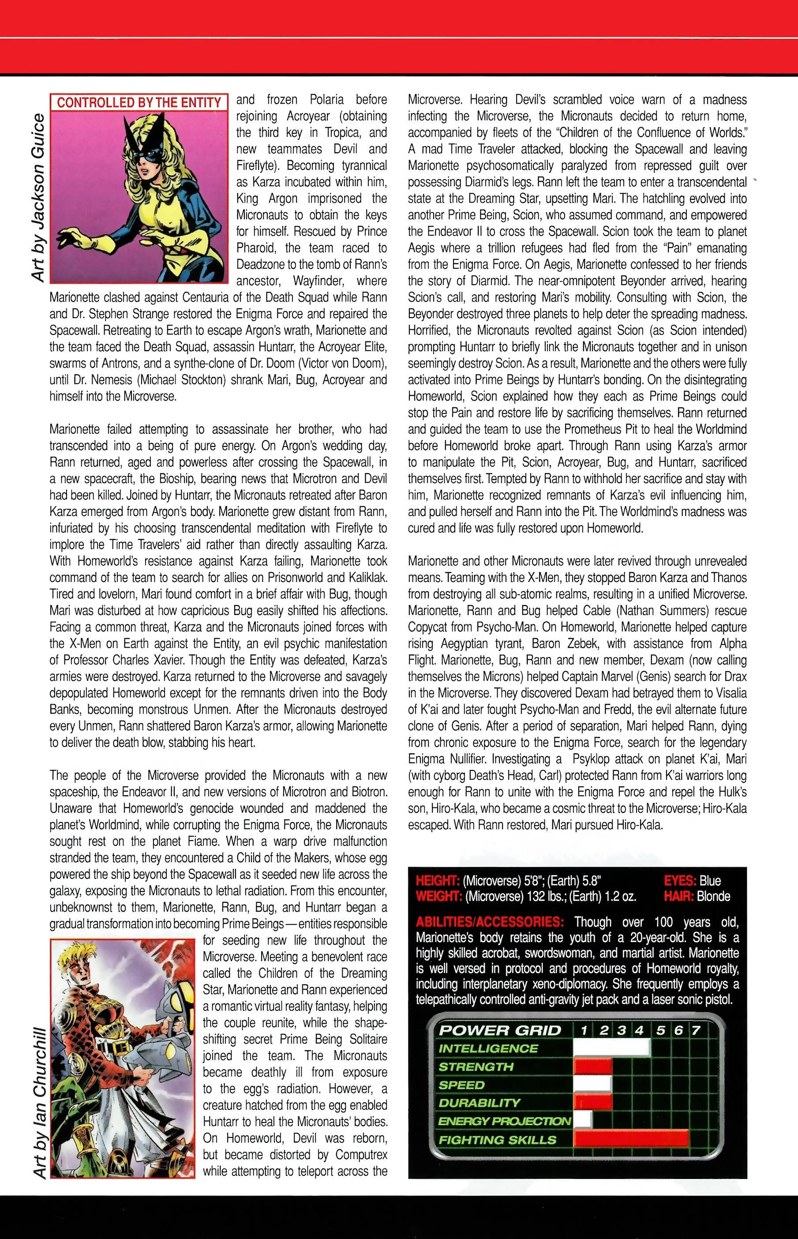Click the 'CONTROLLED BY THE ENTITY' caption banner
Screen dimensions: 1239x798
pyautogui.click(x=139, y=102)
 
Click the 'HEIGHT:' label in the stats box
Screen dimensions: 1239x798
pyautogui.click(x=438, y=881)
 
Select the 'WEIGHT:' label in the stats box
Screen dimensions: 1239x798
pyautogui.click(x=438, y=897)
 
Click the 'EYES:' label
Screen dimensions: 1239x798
pyautogui.click(x=680, y=881)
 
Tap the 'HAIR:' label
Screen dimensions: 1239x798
pyautogui.click(x=679, y=897)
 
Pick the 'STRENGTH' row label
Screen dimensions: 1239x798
pyautogui.click(x=476, y=1067)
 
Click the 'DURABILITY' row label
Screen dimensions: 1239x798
pyautogui.click(x=480, y=1103)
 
